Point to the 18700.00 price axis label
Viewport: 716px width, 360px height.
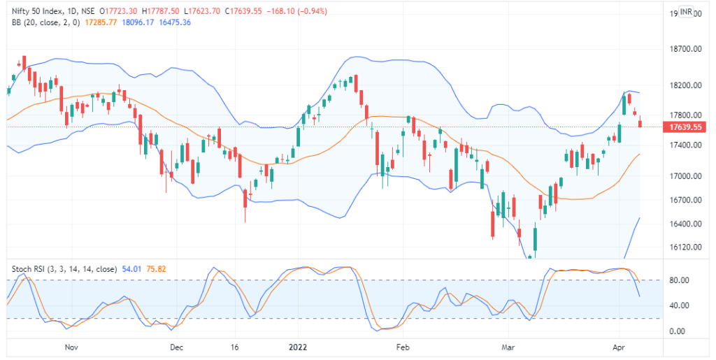(685, 50)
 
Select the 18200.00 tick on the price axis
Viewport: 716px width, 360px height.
(685, 85)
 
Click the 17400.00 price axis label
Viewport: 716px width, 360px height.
(685, 145)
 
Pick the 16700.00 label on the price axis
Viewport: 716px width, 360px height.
(685, 201)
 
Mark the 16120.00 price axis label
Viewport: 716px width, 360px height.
(685, 247)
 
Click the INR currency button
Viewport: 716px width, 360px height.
(686, 13)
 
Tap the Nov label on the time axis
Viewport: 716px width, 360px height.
(70, 347)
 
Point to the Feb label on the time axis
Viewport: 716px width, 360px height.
(402, 347)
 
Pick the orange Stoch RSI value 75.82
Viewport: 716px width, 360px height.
(156, 268)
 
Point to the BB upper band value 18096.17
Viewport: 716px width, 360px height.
(137, 22)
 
